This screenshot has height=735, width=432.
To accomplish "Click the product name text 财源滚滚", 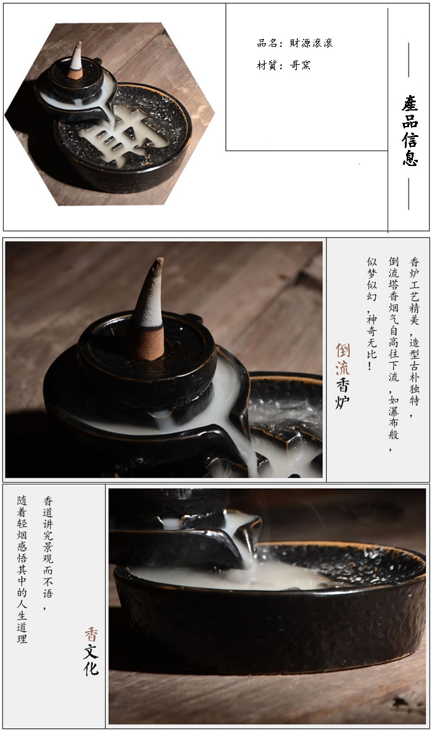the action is pos(311,43).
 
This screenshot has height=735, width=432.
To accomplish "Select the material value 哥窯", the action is pos(301,65).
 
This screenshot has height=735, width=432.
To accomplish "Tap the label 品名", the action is pos(268,43).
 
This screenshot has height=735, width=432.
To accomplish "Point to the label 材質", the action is pos(268,65).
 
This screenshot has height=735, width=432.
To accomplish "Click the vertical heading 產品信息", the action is pos(410,130).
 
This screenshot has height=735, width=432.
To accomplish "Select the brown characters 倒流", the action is pos(343,359).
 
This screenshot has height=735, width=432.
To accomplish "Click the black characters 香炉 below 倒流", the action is pos(343,393).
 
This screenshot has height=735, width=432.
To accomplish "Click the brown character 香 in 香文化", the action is pos(91,634).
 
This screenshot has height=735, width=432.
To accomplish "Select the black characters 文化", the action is pos(91,660).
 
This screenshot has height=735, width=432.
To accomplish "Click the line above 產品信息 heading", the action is pos(409,60).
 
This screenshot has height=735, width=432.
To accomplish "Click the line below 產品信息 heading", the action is pos(409,193).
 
